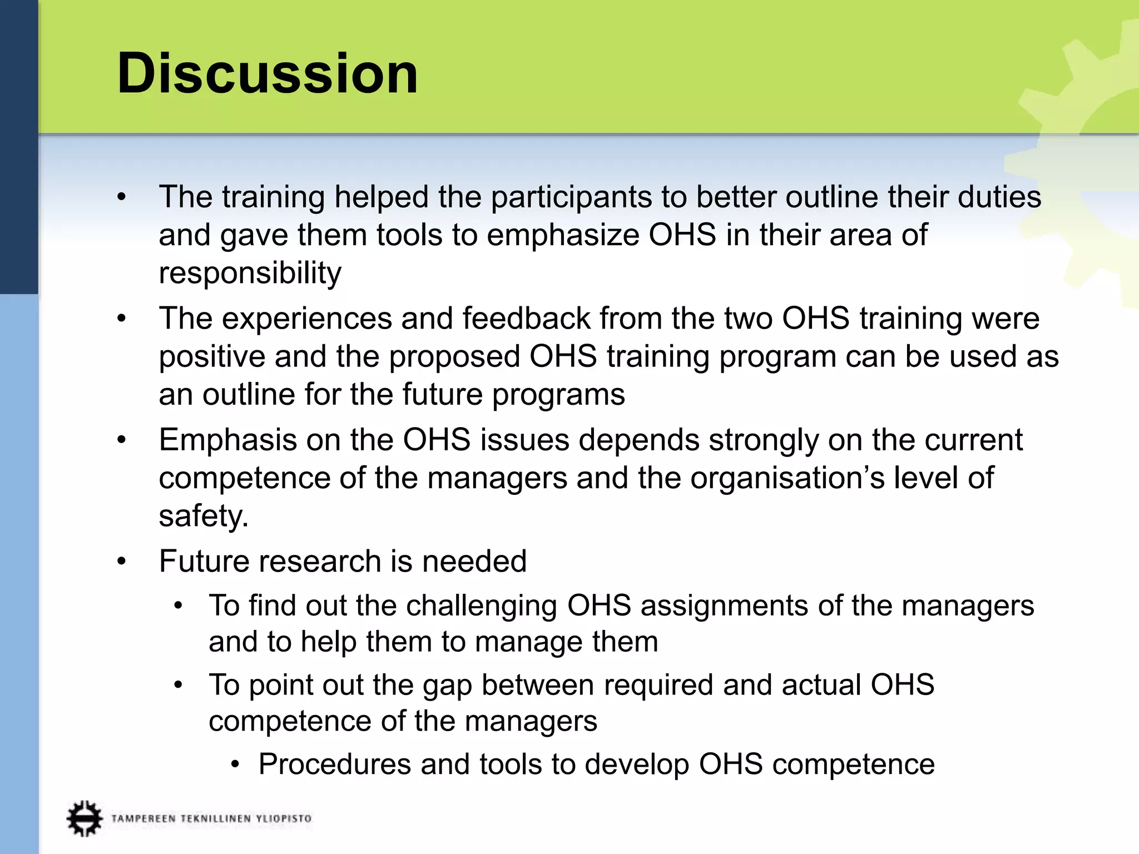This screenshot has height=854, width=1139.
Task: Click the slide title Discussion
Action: pyautogui.click(x=267, y=73)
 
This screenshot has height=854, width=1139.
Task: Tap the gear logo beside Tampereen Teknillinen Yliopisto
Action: pyautogui.click(x=85, y=818)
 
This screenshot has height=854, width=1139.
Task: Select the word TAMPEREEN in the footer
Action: pyautogui.click(x=143, y=818)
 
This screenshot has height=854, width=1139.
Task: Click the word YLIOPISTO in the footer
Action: pyautogui.click(x=284, y=818)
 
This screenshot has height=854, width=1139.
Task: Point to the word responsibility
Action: pyautogui.click(x=250, y=273)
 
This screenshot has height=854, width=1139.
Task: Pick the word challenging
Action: pyautogui.click(x=482, y=605)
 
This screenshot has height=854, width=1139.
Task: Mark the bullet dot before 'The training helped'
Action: pyautogui.click(x=122, y=197)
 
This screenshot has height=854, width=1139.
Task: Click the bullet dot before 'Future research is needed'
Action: pyautogui.click(x=122, y=561)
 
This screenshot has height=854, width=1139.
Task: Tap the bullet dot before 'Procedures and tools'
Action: pyautogui.click(x=236, y=764)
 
